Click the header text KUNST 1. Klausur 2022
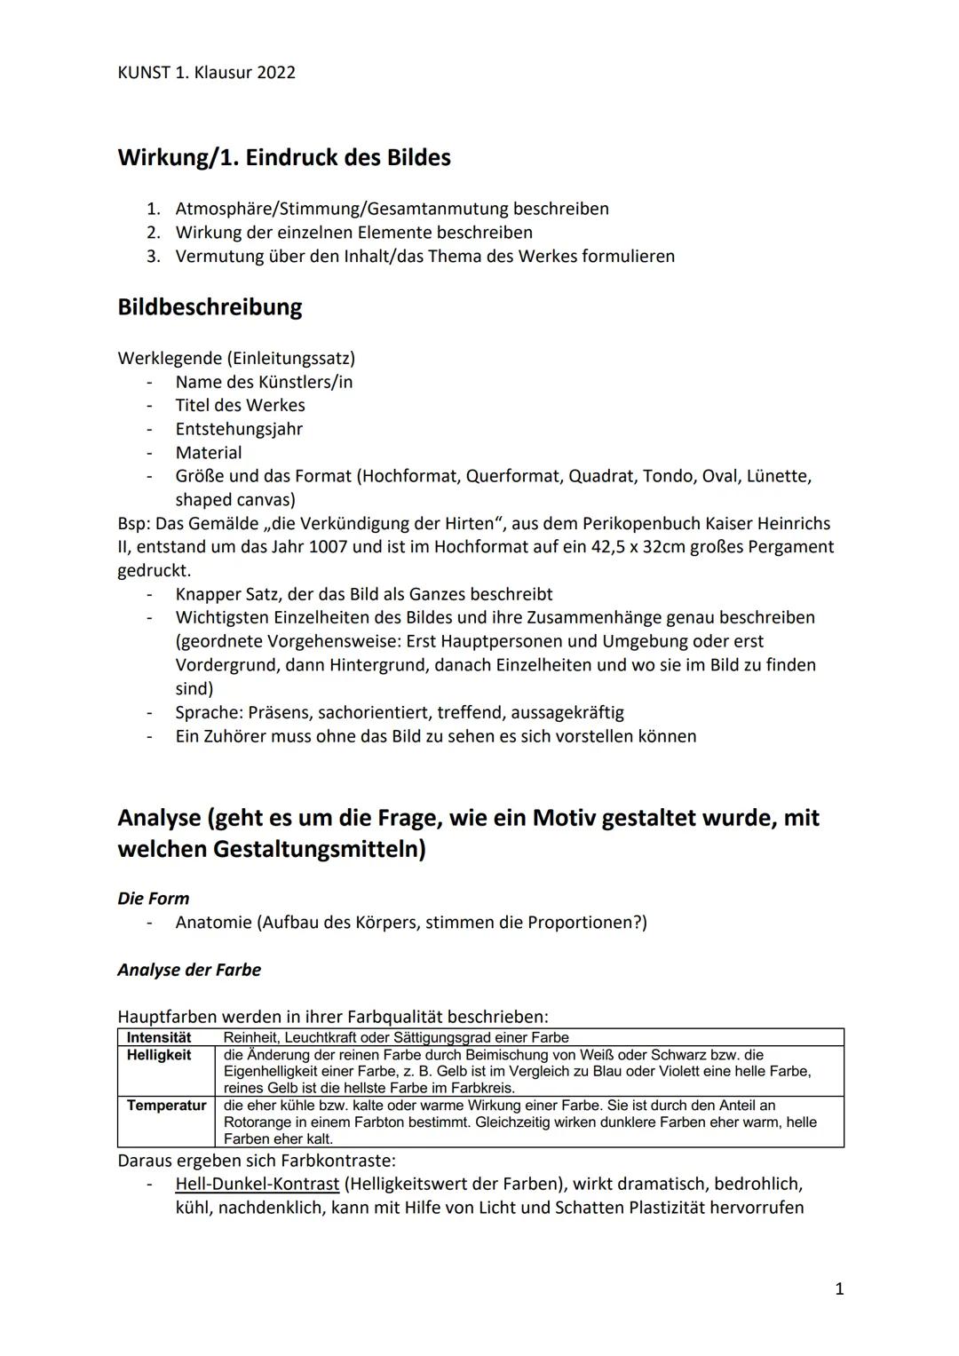tap(206, 72)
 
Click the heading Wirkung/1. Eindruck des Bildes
tap(283, 158)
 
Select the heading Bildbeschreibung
tap(210, 307)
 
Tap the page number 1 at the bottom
tap(839, 1289)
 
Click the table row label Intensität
tap(159, 1037)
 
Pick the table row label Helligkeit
tap(159, 1055)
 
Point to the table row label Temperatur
tap(166, 1106)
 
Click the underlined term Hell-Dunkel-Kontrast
tap(257, 1184)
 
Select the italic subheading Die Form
tap(153, 898)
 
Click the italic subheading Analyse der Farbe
tap(189, 970)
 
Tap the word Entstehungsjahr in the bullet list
tap(239, 429)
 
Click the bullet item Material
tap(209, 452)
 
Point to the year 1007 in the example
tap(328, 547)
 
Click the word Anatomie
tap(213, 922)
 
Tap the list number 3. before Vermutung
tap(154, 256)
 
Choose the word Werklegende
tap(170, 358)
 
